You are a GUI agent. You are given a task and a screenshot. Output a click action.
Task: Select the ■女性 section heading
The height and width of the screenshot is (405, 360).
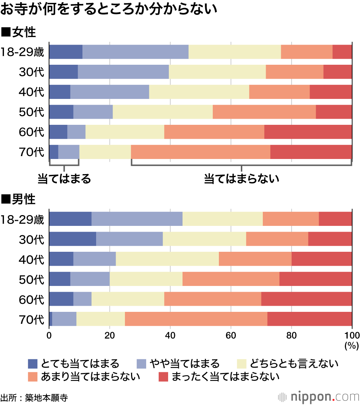point(19,32)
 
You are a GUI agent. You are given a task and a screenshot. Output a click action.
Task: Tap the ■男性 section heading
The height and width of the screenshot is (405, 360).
point(19,199)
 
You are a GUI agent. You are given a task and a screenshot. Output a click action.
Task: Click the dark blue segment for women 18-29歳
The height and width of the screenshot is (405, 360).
point(66,52)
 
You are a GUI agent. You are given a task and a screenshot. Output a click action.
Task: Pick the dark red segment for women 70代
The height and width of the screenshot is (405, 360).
point(311,152)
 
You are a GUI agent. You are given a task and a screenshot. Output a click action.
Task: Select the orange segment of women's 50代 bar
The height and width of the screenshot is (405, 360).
point(264,112)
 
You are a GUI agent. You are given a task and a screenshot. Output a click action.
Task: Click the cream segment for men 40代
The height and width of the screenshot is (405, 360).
point(167,259)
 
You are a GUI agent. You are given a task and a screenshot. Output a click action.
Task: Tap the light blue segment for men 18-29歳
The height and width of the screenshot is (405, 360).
point(137,219)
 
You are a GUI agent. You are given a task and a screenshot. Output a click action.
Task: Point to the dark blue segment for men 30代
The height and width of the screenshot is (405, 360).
point(72,239)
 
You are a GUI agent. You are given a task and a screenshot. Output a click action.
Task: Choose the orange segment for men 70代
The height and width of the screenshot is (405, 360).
point(196,319)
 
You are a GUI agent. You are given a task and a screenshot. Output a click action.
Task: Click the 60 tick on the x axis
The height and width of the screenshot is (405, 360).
point(231,336)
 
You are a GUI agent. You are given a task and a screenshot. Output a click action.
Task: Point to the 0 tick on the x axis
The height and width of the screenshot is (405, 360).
point(49,336)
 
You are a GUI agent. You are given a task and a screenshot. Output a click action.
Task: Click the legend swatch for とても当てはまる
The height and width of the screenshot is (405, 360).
point(32,364)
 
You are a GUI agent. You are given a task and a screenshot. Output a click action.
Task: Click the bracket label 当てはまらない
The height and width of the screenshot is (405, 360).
point(242,179)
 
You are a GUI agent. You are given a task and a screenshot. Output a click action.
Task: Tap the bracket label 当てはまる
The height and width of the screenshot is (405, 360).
point(64,179)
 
